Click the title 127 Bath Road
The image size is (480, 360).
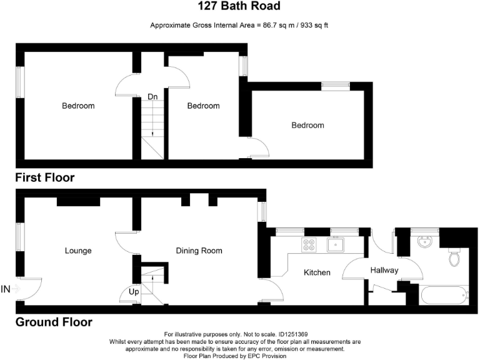pyautogui.click(x=239, y=7)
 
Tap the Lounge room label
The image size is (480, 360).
pyautogui.click(x=78, y=251)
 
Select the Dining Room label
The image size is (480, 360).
pyautogui.click(x=199, y=251)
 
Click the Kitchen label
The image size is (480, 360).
pyautogui.click(x=317, y=272)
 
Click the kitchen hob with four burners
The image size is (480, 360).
pyautogui.click(x=309, y=244)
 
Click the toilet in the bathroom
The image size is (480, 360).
pyautogui.click(x=454, y=257)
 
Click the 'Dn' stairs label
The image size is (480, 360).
pyautogui.click(x=152, y=97)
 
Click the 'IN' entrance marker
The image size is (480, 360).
pyautogui.click(x=6, y=289)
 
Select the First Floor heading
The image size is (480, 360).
pyautogui.click(x=45, y=178)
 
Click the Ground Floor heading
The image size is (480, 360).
pyautogui.click(x=54, y=322)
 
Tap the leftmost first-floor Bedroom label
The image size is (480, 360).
pyautogui.click(x=78, y=106)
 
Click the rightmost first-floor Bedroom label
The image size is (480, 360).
pyautogui.click(x=308, y=125)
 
